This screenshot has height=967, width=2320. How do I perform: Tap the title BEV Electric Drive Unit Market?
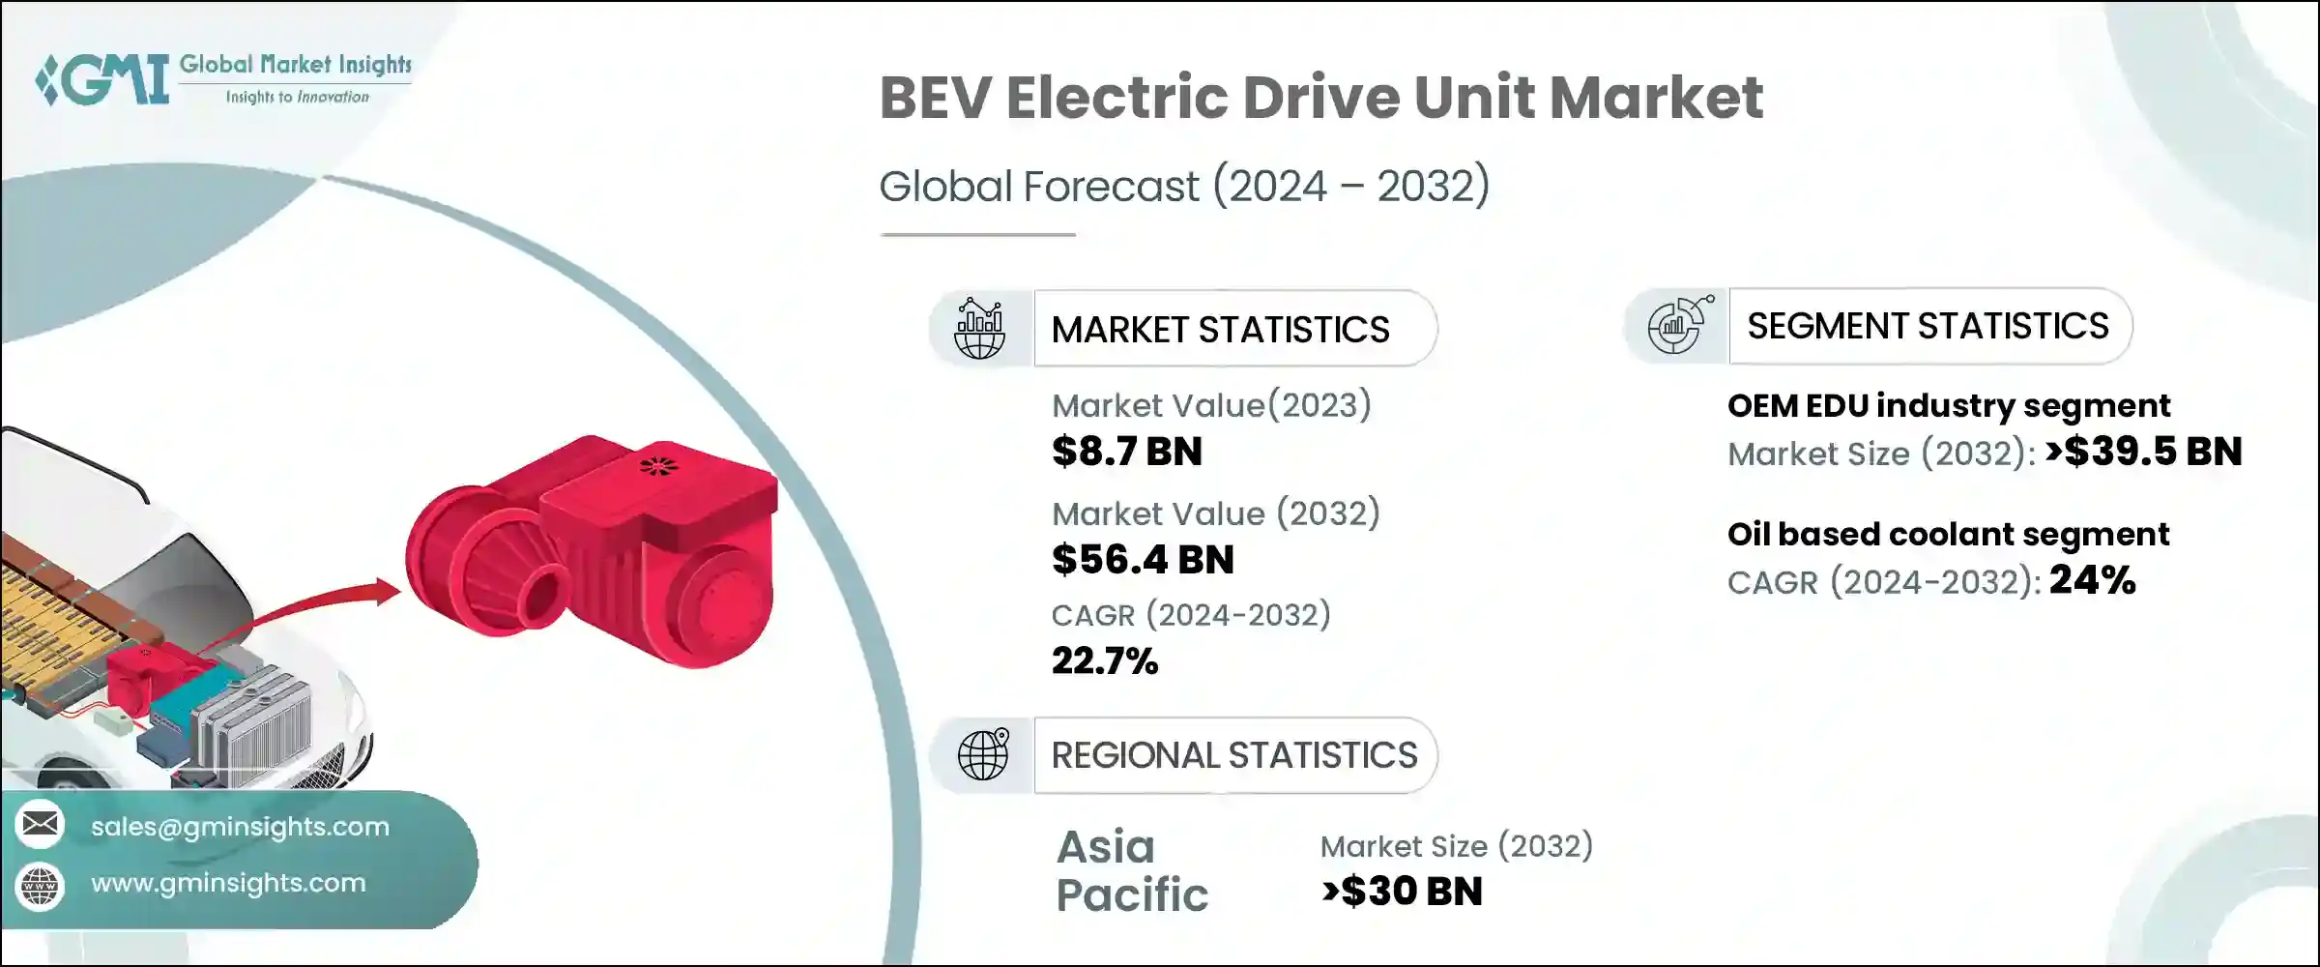tap(1320, 98)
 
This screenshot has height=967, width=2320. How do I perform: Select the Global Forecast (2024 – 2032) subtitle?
tap(1184, 186)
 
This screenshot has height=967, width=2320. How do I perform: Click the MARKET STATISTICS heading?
tap(1220, 330)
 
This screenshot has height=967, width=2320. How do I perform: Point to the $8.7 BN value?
tap(1127, 452)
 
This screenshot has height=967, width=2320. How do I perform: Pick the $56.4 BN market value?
tap(1143, 560)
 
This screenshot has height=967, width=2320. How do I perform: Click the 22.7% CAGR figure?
tap(1104, 661)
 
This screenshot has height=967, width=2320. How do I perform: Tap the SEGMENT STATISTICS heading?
tap(1928, 326)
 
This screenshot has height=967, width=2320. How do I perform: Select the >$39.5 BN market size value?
tap(2143, 452)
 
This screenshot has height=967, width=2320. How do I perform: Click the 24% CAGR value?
tap(2092, 580)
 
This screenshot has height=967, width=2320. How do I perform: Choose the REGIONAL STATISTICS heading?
tap(1233, 755)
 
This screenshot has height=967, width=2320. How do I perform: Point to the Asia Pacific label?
tap(1131, 870)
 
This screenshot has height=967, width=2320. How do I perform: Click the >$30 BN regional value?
tap(1402, 892)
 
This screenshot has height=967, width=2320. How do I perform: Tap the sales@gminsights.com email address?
tap(240, 827)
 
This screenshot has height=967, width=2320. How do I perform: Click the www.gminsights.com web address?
tap(228, 883)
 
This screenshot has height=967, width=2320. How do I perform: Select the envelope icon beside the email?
tap(41, 825)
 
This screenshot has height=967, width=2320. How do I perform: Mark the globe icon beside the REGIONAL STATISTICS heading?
tap(983, 754)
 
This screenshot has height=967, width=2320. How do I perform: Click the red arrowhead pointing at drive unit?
tap(387, 591)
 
